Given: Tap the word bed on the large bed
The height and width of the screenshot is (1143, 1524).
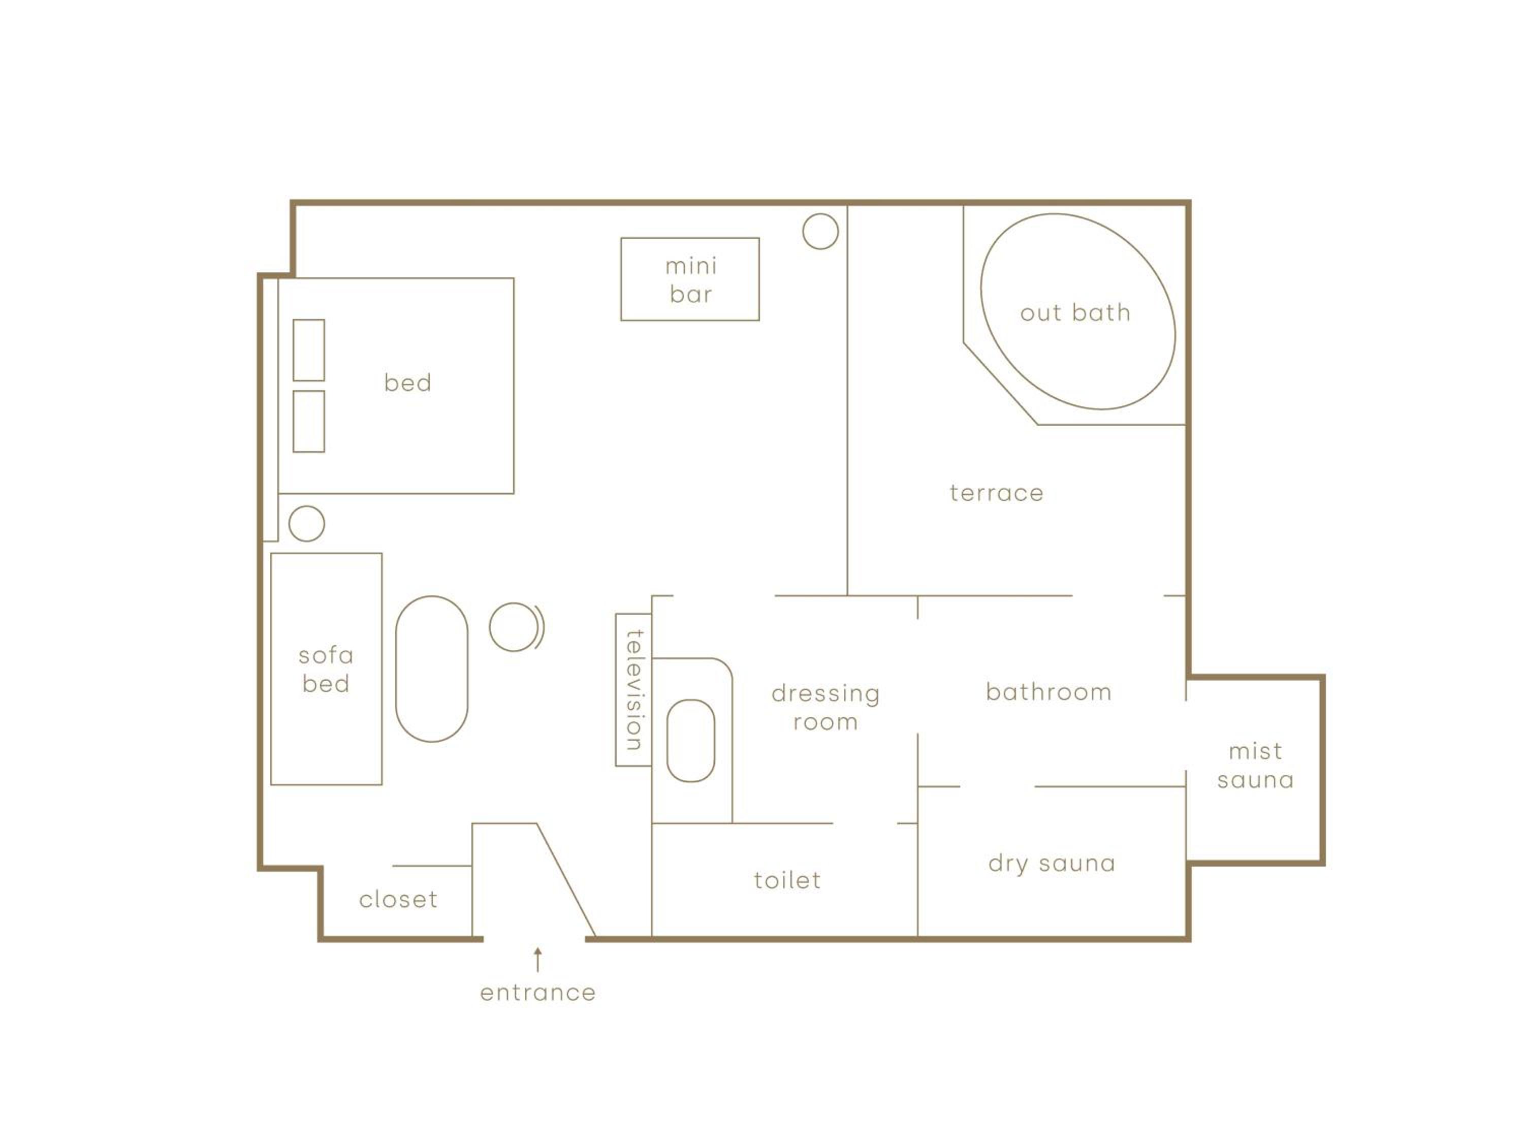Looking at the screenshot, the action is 408,383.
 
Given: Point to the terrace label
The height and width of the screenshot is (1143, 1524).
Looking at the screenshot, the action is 996,493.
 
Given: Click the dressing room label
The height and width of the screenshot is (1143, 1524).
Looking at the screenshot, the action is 825,708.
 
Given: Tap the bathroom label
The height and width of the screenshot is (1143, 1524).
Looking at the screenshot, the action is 1049,692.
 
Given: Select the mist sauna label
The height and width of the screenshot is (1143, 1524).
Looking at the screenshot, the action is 1255,766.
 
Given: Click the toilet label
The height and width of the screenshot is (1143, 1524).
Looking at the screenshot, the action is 787,880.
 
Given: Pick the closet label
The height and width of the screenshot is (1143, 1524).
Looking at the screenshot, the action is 398,899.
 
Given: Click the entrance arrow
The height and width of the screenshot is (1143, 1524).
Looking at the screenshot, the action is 538,960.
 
